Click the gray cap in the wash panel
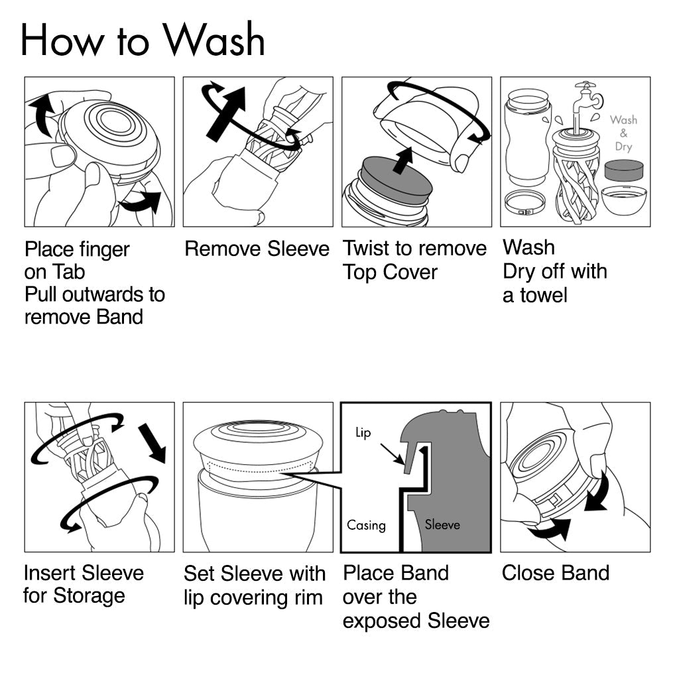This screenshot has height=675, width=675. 624,170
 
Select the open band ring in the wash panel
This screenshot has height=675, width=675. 524,202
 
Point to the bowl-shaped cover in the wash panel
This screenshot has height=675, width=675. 624,200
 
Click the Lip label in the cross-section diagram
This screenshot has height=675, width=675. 363,432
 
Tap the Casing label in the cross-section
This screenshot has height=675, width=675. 366,524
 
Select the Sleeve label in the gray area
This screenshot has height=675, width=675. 442,524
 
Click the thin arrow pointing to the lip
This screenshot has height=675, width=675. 392,454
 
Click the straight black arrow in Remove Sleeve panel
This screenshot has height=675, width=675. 226,114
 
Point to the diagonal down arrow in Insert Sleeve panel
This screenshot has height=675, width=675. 153,442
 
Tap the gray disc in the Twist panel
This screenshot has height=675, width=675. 396,181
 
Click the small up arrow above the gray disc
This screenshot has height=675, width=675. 403,160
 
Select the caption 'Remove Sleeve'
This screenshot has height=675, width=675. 257,249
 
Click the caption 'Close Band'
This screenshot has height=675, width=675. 556,573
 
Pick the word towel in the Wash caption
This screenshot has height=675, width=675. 543,295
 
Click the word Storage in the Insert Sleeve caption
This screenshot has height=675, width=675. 89,596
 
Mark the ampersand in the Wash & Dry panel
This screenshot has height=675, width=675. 623,133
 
